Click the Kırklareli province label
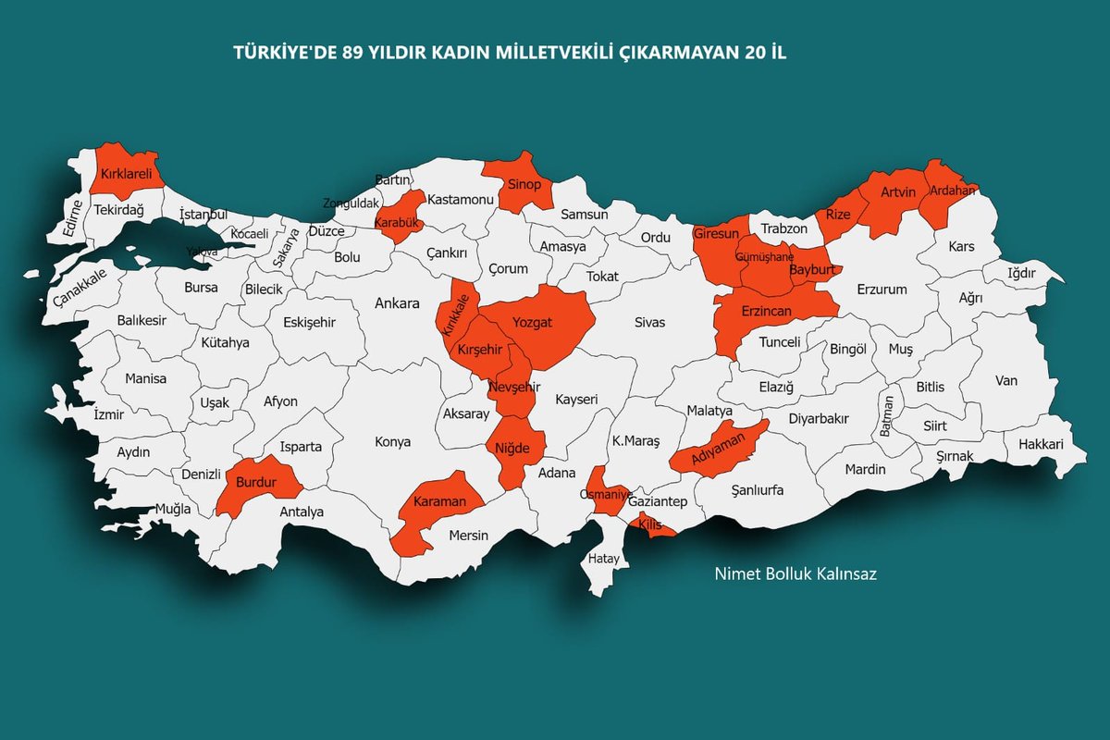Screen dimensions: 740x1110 [x=126, y=173]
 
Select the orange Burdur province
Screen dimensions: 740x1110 [x=256, y=482]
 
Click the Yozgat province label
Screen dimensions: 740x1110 [x=533, y=322]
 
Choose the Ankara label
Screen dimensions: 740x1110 [x=397, y=302]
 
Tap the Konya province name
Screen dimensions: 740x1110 [x=392, y=441]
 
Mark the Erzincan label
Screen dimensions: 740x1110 [x=767, y=312]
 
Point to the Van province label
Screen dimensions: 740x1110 [x=1006, y=380]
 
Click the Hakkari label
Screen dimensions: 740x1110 [x=1041, y=445]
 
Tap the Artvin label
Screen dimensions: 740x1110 [x=898, y=192]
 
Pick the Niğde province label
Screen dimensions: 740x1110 [x=512, y=449]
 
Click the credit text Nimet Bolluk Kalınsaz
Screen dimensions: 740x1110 [x=795, y=573]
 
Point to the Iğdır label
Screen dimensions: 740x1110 [x=1022, y=274]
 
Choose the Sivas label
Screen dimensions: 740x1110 [x=649, y=322]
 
